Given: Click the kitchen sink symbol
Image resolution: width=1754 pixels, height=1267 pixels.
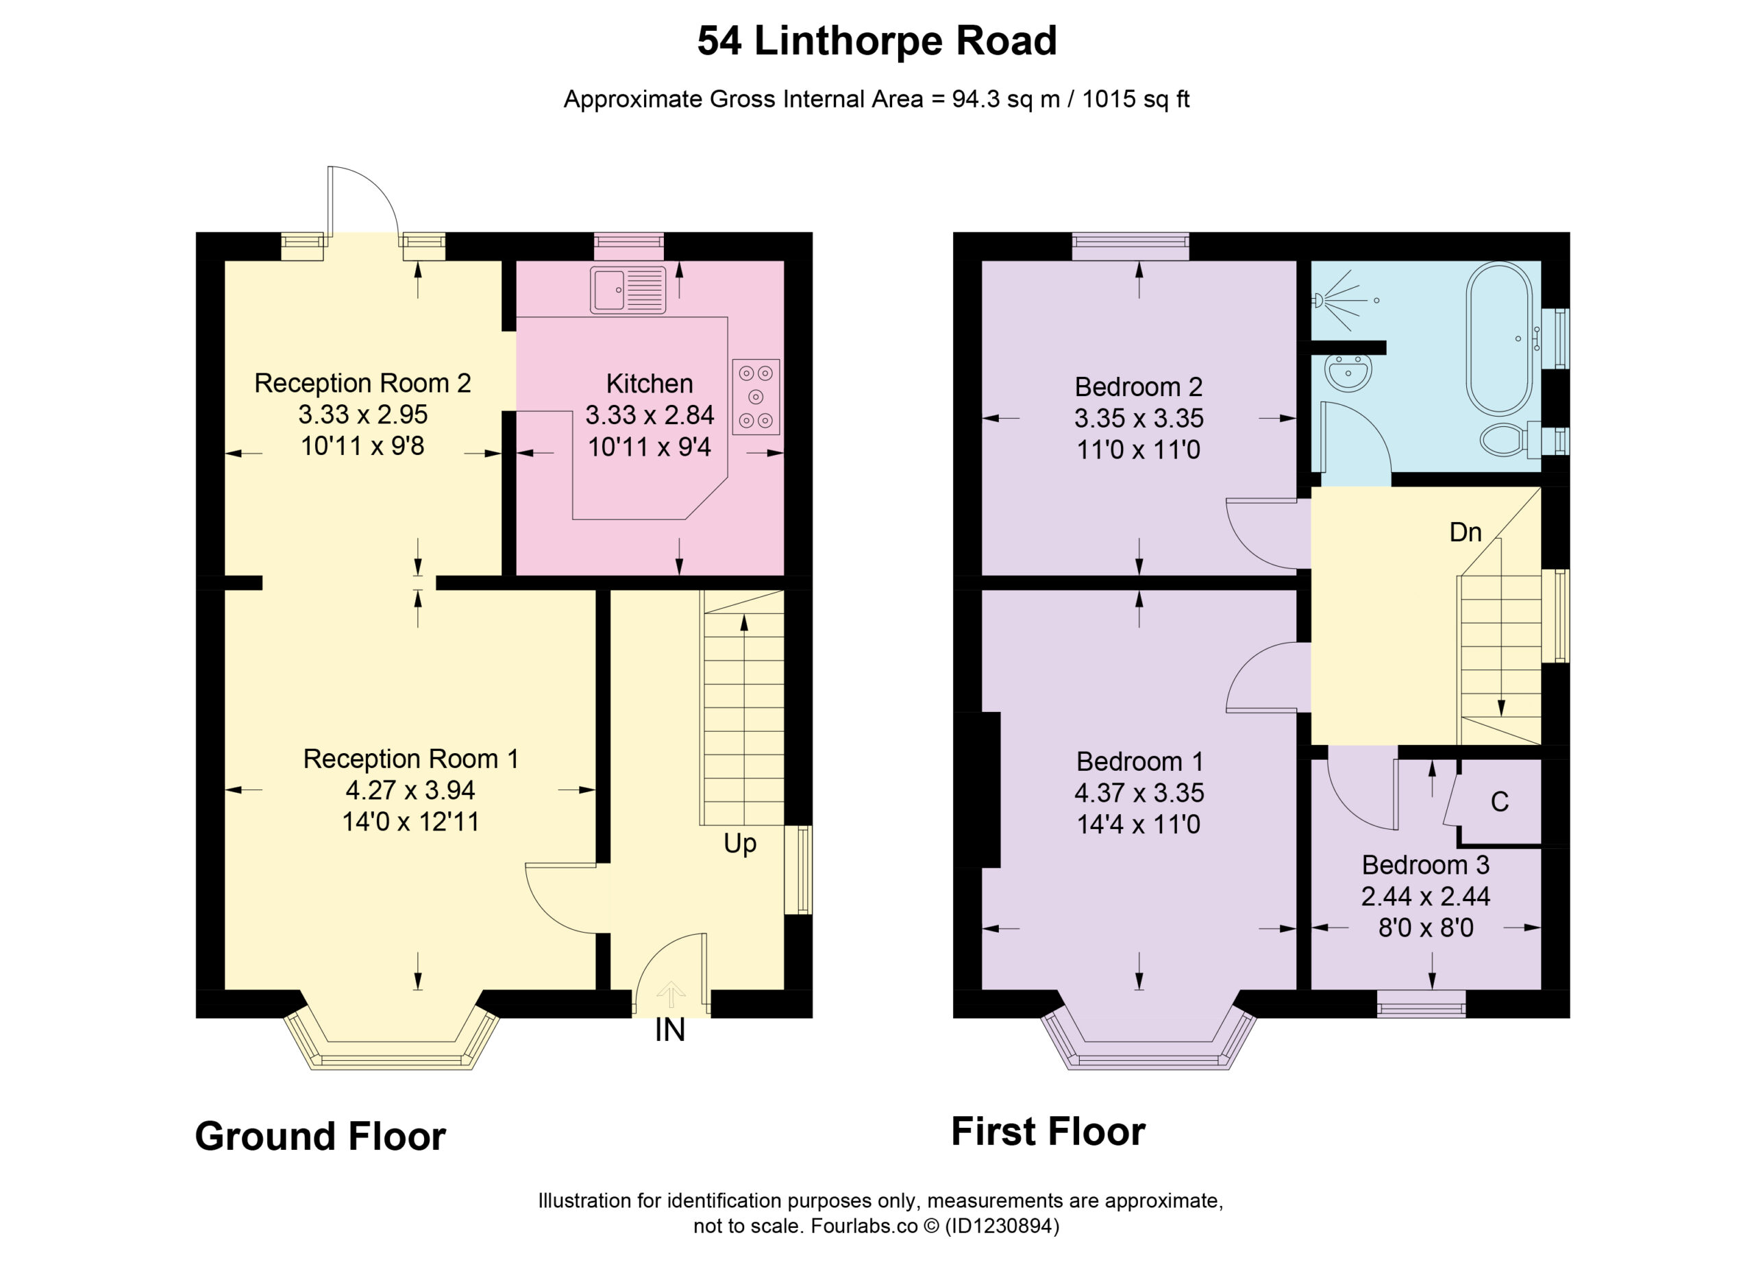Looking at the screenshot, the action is pos(627,290).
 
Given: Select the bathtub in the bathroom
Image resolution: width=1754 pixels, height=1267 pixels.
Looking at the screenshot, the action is pos(1499,339).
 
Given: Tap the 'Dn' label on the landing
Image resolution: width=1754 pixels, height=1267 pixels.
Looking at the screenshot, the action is pos(1465,532).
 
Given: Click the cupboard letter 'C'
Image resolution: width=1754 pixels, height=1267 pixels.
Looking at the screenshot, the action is pos(1500,801).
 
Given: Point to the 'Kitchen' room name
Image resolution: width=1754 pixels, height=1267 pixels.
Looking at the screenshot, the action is pos(649,384).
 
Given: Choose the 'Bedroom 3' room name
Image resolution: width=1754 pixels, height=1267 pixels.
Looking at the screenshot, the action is pos(1425,864).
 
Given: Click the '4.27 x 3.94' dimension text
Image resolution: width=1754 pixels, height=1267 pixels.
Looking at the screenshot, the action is pos(410,790).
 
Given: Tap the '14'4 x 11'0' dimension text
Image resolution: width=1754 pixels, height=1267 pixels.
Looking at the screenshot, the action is pos(1139,824).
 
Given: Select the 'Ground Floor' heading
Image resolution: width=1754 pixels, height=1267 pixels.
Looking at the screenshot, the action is pos(320,1136).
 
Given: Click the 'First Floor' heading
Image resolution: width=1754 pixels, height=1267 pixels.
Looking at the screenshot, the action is pos(1048,1131).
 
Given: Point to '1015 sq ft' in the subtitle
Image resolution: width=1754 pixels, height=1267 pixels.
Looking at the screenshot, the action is pos(1135,99).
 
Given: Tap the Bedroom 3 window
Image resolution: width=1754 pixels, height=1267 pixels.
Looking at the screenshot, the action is pos(1422,1004).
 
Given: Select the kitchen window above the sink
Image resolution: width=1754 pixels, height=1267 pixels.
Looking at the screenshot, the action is pos(629,246).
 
